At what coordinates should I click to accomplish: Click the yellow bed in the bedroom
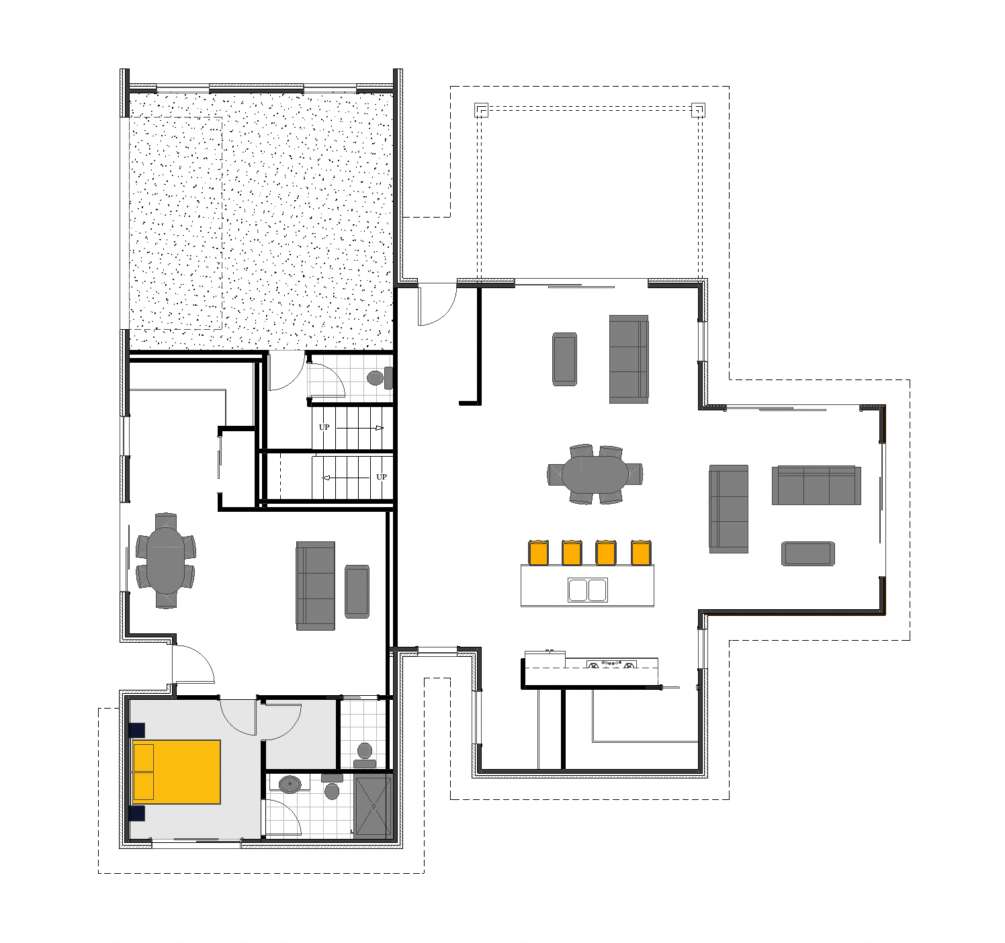point(176,772)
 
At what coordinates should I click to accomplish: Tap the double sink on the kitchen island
point(587,590)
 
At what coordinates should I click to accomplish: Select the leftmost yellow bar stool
point(538,552)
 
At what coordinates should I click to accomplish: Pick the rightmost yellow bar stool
point(641,552)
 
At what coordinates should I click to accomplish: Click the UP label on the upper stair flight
point(324,427)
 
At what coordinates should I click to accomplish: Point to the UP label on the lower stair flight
point(382,477)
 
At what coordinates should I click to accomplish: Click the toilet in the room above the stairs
point(380,377)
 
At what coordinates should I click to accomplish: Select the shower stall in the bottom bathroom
point(374,807)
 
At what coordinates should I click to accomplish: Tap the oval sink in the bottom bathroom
point(290,785)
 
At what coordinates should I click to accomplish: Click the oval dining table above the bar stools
point(595,474)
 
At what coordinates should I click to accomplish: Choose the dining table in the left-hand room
point(165,561)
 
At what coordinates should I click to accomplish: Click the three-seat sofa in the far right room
point(816,486)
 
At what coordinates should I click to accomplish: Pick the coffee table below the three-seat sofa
point(808,553)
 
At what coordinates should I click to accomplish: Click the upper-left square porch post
point(481,110)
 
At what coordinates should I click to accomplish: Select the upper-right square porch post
point(699,110)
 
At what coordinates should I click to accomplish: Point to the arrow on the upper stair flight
point(360,429)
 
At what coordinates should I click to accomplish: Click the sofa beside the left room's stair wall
point(315,586)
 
